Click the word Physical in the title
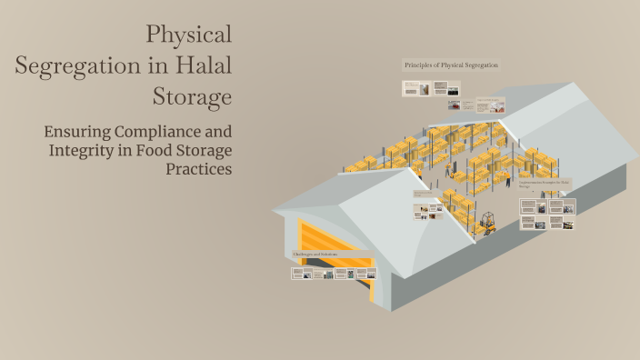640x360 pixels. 189,35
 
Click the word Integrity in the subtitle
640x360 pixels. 85,149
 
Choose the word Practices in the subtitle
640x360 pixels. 198,168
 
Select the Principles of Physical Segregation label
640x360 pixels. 451,65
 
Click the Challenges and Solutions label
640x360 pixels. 315,254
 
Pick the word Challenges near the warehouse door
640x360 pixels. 305,254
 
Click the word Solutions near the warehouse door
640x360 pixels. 328,254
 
